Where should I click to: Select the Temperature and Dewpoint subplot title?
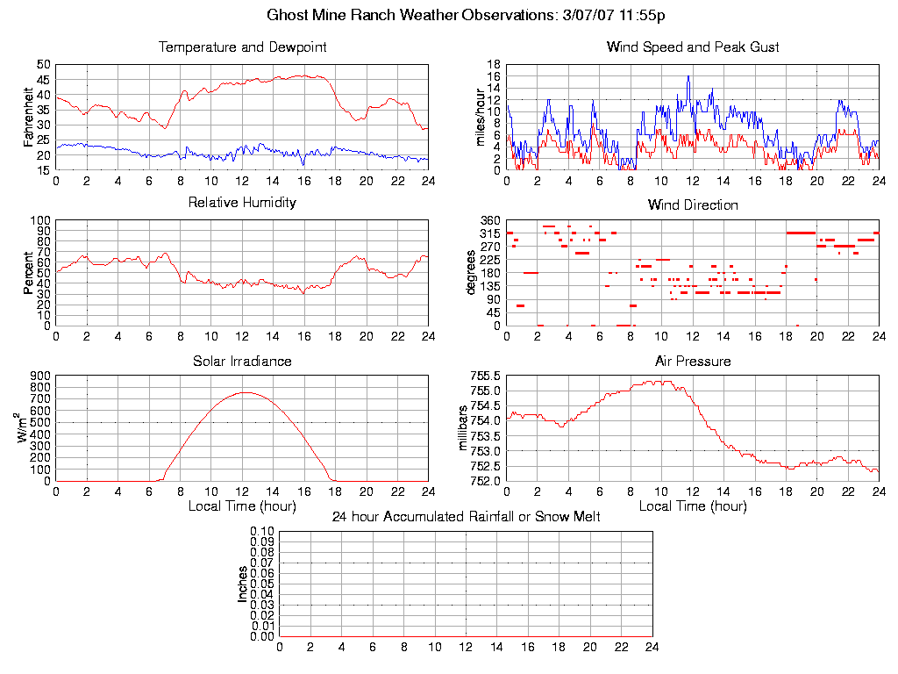[242, 47]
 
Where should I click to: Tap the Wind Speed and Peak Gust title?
[693, 47]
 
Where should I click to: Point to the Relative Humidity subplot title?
[242, 203]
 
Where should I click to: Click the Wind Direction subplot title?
[693, 204]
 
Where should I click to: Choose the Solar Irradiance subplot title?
[242, 361]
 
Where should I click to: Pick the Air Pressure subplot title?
[693, 361]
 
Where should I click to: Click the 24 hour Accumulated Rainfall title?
[466, 517]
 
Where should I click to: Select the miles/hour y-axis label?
[480, 117]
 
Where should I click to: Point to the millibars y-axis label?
[465, 427]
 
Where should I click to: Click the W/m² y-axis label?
[26, 427]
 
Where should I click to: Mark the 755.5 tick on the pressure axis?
[487, 375]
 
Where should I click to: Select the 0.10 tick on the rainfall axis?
[262, 531]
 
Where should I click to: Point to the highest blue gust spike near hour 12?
[688, 76]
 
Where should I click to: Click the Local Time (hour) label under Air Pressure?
[693, 506]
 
